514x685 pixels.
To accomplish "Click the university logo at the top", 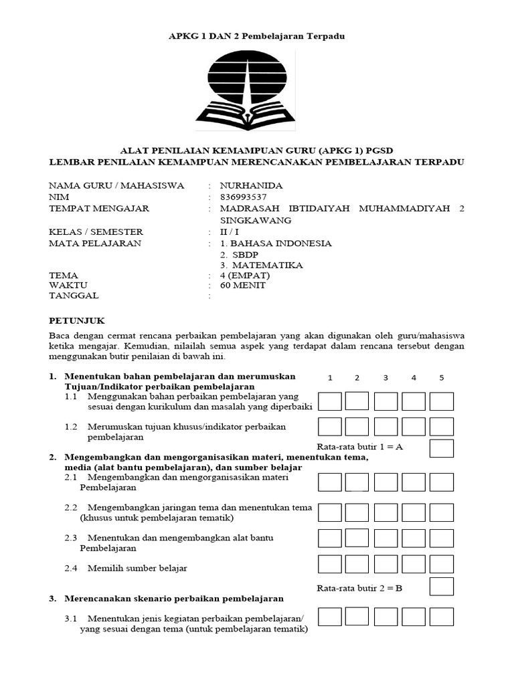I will tap(245, 88).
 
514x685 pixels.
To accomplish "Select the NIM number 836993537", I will tap(244, 197).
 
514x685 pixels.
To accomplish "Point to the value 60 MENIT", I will tap(243, 285).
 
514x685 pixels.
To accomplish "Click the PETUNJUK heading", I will tap(77, 320).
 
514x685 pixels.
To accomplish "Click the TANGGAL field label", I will tap(74, 295).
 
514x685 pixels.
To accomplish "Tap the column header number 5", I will tap(442, 378).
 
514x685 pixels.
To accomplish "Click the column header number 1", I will tap(330, 378).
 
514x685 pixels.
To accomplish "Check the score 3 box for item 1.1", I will tap(385, 401).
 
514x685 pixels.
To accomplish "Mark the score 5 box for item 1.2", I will tap(442, 427).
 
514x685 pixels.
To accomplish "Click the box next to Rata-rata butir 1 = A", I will tap(442, 448).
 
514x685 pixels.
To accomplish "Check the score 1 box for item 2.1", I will tap(330, 482).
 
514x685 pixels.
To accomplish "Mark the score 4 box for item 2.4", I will tap(414, 565).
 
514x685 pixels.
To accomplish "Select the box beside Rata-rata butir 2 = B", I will tap(442, 587).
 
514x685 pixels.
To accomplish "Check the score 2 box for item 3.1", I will tap(357, 616).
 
